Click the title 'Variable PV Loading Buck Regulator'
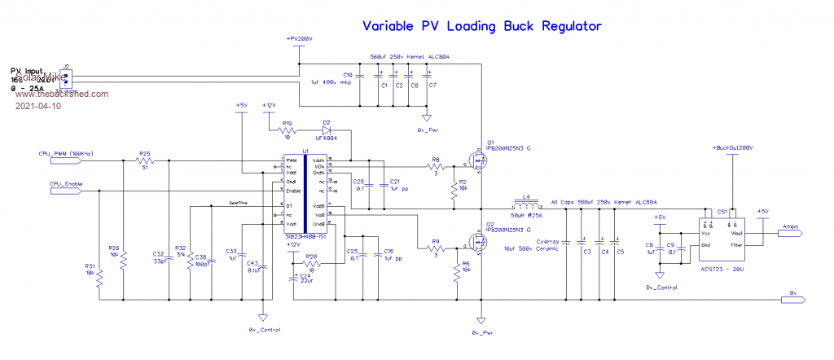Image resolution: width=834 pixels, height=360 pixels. click(x=482, y=26)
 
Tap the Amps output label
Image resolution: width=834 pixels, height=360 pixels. click(x=791, y=227)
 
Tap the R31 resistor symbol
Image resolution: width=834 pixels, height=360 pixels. click(x=99, y=279)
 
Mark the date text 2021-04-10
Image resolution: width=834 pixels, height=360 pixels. click(x=37, y=106)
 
